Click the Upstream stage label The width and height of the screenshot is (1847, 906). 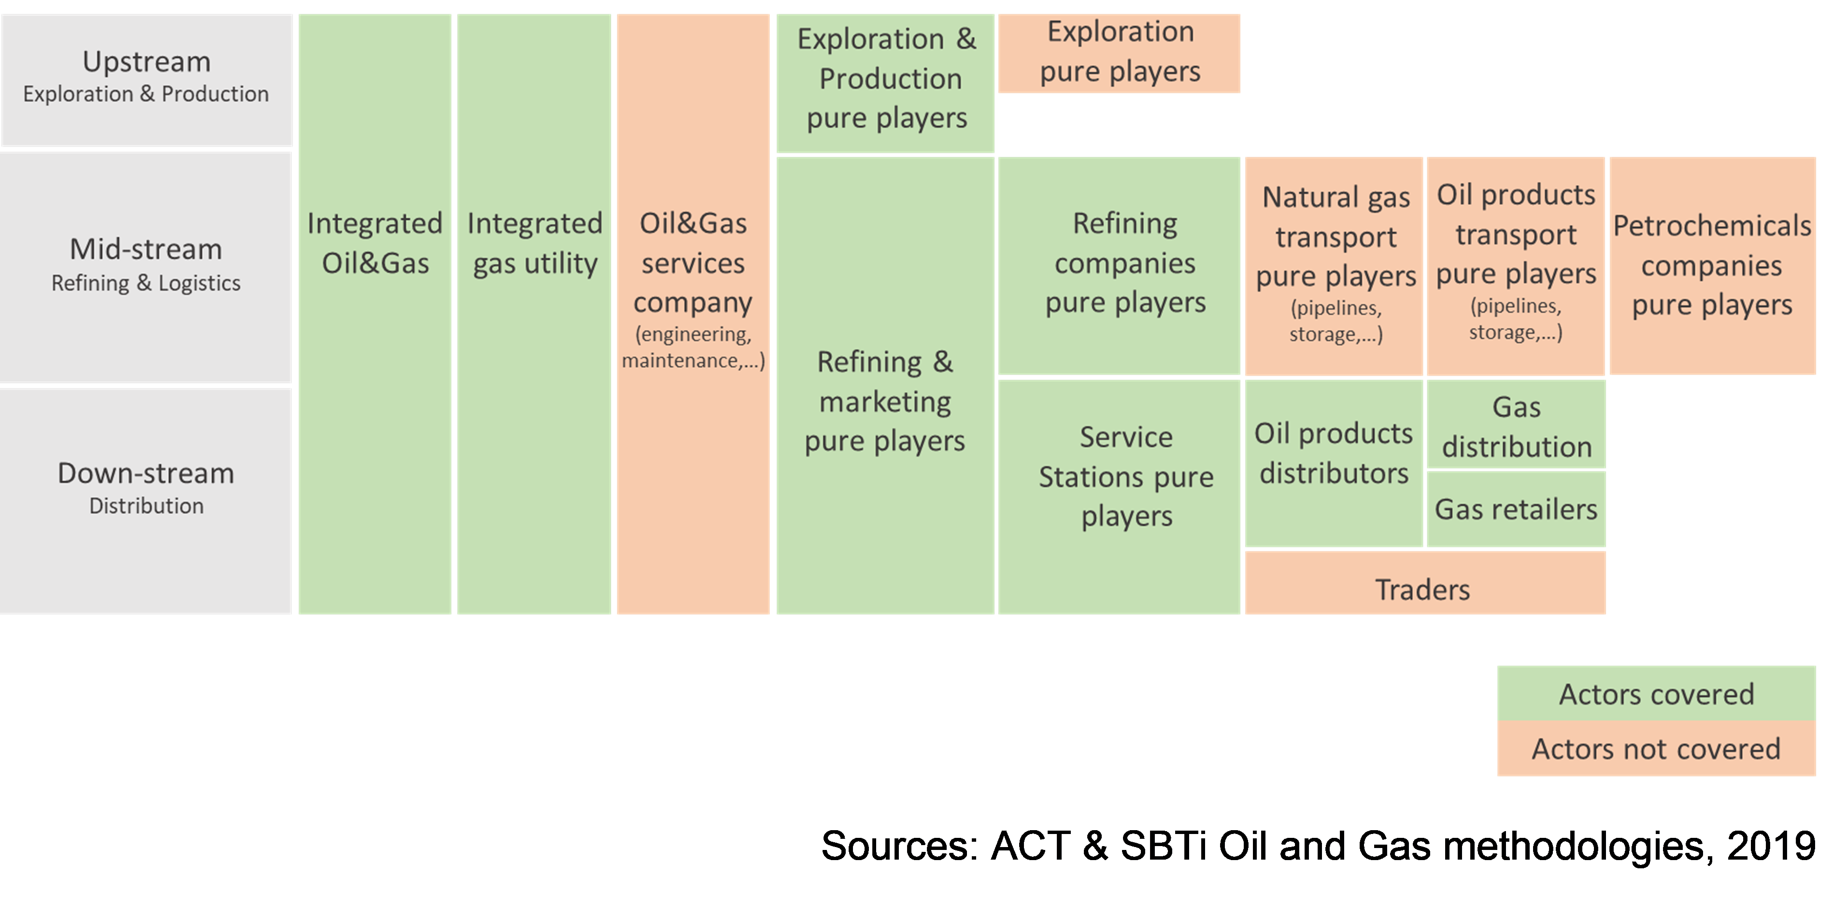coord(146,79)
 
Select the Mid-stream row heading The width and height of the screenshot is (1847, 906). coord(146,265)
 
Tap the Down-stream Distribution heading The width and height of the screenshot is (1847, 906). coord(146,488)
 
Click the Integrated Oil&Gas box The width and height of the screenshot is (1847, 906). coord(375,244)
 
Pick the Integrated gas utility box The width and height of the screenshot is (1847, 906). coord(534,244)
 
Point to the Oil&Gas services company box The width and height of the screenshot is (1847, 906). coord(693,287)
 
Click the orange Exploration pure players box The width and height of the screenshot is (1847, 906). coord(1119,52)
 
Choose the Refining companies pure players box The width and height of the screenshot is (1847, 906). coord(1119,264)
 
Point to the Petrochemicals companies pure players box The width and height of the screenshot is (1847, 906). coord(1712,265)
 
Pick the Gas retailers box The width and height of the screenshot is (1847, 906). coord(1516,509)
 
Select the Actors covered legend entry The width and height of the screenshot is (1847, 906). coord(1656,694)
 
